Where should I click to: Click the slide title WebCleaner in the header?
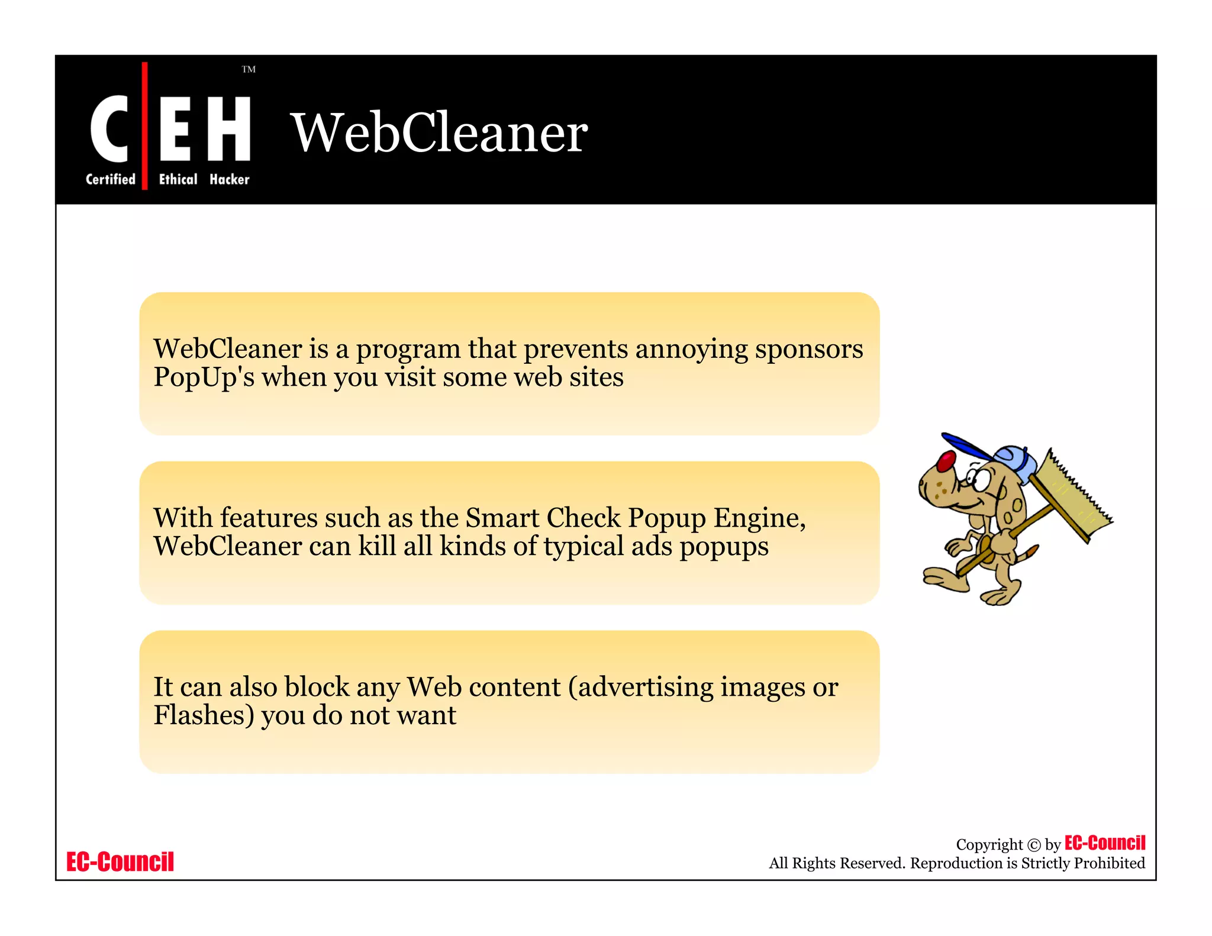point(439,133)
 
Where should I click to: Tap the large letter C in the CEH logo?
point(109,128)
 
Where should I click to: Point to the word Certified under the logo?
point(111,179)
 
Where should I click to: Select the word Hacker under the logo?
point(230,179)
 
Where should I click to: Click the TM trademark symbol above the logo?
point(249,70)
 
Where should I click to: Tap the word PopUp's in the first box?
point(204,377)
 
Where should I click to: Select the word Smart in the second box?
point(502,518)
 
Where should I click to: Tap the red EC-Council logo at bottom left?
point(120,862)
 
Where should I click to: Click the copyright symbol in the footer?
point(1033,845)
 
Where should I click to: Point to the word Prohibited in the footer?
point(1109,863)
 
